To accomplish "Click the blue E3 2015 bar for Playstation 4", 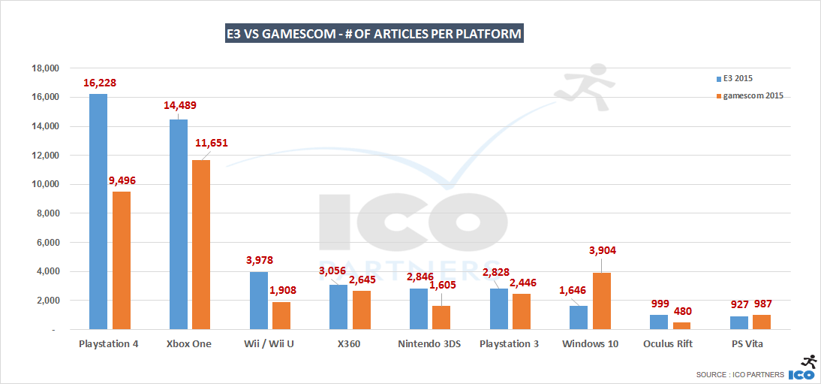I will coord(98,211).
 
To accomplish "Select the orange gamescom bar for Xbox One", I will coord(201,244).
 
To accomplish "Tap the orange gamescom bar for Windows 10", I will coord(602,301).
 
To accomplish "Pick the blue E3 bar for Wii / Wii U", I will coord(258,300).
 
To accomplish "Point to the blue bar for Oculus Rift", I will coord(659,322).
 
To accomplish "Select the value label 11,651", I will coord(211,143).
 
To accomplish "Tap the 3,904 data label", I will coord(602,250).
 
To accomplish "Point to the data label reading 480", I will coord(681,311).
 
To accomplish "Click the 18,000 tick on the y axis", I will coord(43,68).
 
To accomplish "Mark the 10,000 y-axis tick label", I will coord(43,185).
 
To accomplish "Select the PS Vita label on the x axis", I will coord(741,343).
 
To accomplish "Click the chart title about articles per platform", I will coord(374,34).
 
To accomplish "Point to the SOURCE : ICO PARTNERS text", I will coord(740,374).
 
